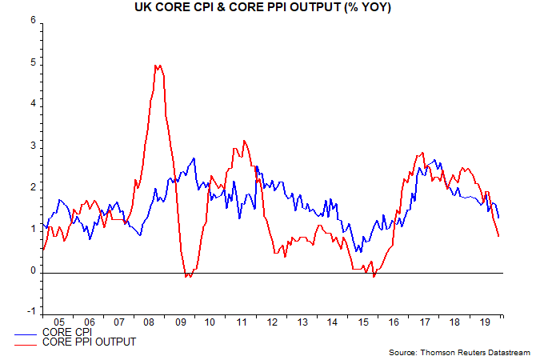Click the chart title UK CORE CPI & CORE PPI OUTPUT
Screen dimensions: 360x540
pyautogui.click(x=270, y=7)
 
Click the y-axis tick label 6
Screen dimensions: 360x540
pyautogui.click(x=33, y=21)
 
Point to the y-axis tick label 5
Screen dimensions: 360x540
pyautogui.click(x=33, y=62)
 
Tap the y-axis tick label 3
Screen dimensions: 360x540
pyautogui.click(x=33, y=146)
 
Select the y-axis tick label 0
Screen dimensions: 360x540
pyautogui.click(x=33, y=271)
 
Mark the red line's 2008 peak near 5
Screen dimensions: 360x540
pyautogui.click(x=158, y=66)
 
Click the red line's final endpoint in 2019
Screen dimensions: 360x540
pyautogui.click(x=499, y=236)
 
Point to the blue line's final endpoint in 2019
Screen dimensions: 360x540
pyautogui.click(x=499, y=218)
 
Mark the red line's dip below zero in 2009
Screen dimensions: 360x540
pyautogui.click(x=188, y=276)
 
